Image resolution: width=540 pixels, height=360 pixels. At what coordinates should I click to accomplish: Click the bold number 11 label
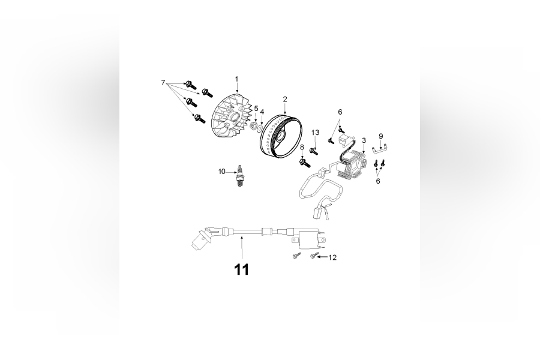tap(241, 270)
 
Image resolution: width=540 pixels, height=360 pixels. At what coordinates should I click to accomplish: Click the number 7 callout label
tap(163, 82)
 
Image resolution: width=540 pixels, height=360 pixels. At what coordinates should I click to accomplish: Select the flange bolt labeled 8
tap(304, 160)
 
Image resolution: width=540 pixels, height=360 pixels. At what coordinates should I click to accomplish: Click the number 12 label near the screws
tap(332, 257)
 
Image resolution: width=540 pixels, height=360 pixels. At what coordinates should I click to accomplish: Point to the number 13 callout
tap(315, 132)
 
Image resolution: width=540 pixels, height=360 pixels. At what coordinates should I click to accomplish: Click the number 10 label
tap(221, 172)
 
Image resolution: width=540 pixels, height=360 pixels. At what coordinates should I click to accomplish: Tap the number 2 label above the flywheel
tap(285, 99)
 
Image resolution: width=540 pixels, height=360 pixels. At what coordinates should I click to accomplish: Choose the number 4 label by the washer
tap(262, 112)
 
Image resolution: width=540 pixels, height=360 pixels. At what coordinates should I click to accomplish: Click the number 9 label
tap(380, 136)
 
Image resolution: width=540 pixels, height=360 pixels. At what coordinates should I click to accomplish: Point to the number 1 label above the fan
tap(236, 79)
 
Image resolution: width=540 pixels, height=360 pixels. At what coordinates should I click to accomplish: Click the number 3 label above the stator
tap(364, 140)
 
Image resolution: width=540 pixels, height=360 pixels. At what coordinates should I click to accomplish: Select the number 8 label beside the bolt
tap(302, 147)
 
